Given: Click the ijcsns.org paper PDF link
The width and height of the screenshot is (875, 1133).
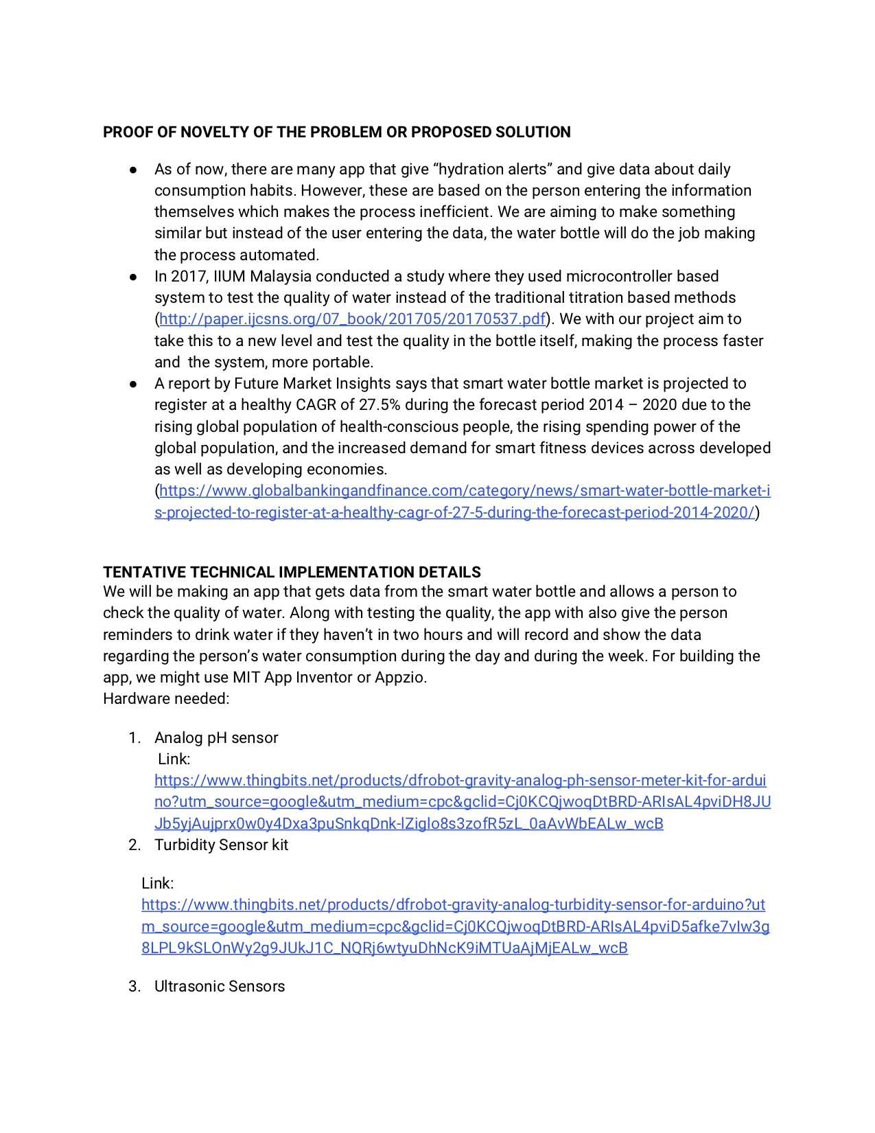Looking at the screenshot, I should click(353, 319).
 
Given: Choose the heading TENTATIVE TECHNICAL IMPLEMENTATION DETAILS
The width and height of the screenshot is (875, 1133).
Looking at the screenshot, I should click(292, 573).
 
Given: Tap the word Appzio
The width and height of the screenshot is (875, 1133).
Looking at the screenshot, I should click(400, 678).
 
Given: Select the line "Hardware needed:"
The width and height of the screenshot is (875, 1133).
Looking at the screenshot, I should click(166, 699).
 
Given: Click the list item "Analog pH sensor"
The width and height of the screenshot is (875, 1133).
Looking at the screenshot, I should click(216, 738).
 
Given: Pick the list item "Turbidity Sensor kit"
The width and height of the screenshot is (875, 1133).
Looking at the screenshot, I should click(221, 845).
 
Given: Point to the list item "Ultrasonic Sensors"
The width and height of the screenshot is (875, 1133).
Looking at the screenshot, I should click(220, 987).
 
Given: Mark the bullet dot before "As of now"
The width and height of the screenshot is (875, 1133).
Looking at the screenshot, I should click(133, 170).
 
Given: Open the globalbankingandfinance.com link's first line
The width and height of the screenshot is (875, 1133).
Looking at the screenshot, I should click(465, 491).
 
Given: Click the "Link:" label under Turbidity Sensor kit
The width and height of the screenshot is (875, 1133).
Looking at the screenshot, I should click(157, 884).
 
